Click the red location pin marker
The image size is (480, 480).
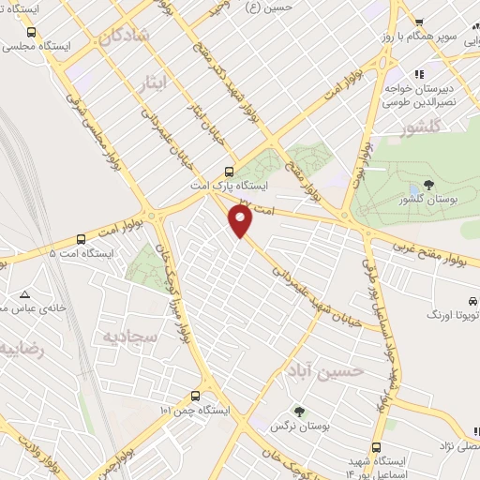(242, 221)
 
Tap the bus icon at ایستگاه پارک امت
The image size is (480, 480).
(230, 172)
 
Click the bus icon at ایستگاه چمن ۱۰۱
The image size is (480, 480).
(195, 396)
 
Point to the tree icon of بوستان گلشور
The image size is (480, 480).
(428, 185)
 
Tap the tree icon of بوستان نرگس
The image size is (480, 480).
(299, 411)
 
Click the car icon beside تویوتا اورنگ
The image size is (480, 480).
(471, 301)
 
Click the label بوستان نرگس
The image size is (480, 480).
(291, 427)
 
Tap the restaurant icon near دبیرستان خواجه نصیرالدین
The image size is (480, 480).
(421, 73)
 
